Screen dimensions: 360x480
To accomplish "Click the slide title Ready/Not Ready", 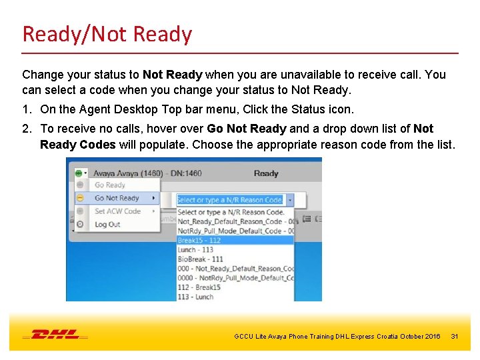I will click(x=107, y=34).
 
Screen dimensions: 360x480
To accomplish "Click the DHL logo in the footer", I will click(x=56, y=333).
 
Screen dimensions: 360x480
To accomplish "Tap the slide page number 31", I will click(x=455, y=337).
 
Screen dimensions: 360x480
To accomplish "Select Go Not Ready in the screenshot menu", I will click(x=117, y=198).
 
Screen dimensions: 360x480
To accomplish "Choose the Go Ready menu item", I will click(x=110, y=185).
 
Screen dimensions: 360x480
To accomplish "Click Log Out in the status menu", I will click(x=107, y=225).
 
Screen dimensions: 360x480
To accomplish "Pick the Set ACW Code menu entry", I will click(x=117, y=211).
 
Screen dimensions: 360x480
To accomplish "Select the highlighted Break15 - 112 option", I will click(x=199, y=241).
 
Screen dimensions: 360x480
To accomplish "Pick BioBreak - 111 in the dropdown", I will click(x=201, y=259).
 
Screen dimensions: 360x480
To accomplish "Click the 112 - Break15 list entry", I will click(x=199, y=287).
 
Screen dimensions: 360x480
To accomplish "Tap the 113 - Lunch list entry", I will click(x=195, y=297).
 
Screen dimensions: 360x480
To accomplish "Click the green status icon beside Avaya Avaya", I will click(x=79, y=173).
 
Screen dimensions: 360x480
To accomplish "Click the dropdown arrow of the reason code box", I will click(x=290, y=199).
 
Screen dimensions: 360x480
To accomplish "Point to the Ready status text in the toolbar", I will click(x=266, y=173).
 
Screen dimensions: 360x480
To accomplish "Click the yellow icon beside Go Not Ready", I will click(x=79, y=198).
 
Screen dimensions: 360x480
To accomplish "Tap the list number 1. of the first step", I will click(x=27, y=109).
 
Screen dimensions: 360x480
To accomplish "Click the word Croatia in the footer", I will click(x=397, y=337).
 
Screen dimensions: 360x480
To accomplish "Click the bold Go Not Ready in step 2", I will click(x=247, y=129).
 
